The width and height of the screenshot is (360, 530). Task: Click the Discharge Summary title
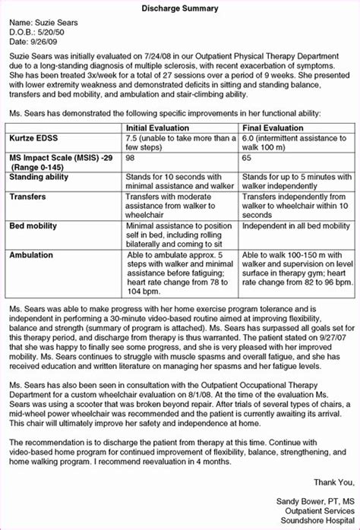point(180,8)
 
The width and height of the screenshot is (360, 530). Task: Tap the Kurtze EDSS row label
point(34,140)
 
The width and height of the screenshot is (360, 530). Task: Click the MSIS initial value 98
point(131,159)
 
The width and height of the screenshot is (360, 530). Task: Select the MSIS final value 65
point(246,159)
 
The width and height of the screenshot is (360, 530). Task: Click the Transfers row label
point(27,197)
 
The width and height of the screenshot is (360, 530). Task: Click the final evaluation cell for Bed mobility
point(295,226)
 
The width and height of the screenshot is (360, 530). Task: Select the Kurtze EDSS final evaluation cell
point(296,144)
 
